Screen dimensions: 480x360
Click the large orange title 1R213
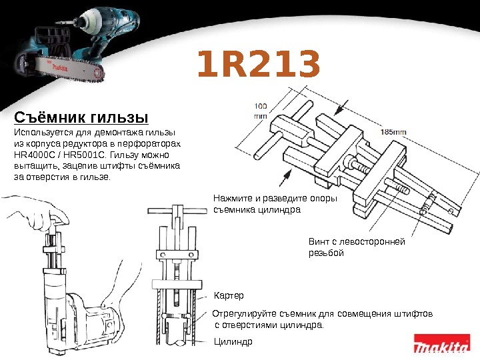tap(259, 63)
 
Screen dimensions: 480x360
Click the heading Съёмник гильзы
tap(81, 117)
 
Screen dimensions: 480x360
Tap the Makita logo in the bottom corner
tap(442, 343)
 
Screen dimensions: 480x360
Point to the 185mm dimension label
tap(393, 132)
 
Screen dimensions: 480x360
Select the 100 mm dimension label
tap(261, 111)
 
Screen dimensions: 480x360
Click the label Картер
tap(229, 296)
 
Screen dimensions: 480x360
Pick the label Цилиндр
tap(233, 341)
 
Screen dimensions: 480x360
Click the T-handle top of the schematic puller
tap(177, 211)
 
